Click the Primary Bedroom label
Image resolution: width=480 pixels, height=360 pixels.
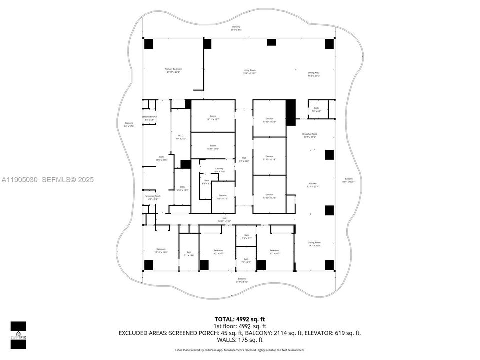[x=173, y=70]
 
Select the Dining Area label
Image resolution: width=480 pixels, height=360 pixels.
[x=313, y=74]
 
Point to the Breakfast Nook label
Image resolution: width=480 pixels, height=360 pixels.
[x=310, y=135]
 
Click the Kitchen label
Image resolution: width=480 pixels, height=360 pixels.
[x=313, y=185]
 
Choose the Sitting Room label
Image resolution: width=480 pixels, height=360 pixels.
[x=314, y=244]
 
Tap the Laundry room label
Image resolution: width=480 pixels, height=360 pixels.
[x=219, y=170]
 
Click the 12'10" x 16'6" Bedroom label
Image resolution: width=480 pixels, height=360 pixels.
[x=161, y=251]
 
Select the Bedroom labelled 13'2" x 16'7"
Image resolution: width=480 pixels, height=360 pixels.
[x=218, y=252]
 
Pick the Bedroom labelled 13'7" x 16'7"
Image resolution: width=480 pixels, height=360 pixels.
[x=274, y=252]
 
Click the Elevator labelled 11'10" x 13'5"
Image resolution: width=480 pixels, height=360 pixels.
[x=269, y=120]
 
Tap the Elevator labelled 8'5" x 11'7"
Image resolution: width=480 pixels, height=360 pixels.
[x=222, y=197]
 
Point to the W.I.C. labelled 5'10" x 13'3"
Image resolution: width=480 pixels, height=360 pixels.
[x=182, y=188]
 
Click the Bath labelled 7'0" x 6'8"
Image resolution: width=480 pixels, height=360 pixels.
[x=316, y=109]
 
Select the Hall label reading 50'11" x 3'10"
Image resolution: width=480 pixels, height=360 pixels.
[x=224, y=220]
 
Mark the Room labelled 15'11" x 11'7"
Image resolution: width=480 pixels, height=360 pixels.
[x=213, y=118]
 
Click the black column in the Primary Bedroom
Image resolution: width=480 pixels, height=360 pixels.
[x=149, y=44]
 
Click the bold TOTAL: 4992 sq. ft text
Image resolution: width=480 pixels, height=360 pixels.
[x=239, y=318]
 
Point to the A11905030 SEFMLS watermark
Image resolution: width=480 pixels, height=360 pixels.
[x=47, y=179]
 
